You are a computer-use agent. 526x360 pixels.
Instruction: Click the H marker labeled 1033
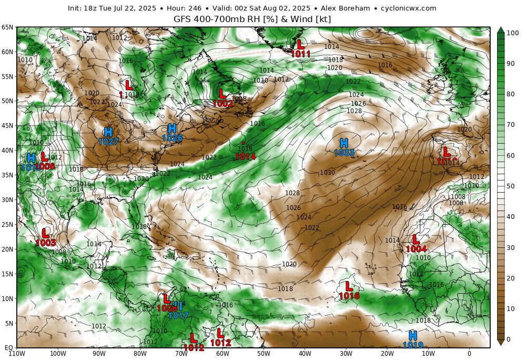(344, 143)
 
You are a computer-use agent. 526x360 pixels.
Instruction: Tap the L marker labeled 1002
(222, 94)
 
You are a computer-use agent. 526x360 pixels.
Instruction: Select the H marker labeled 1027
(108, 132)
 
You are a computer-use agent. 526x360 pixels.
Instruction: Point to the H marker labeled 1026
(172, 128)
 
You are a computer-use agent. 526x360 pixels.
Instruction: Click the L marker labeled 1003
(46, 233)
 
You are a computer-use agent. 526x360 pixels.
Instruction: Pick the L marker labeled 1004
(416, 239)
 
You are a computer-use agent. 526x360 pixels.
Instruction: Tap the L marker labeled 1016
(349, 286)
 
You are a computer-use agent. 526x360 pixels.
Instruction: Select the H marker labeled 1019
(413, 335)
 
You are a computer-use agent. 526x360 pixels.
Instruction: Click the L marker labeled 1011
(300, 44)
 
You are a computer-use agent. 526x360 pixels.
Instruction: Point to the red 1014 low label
(245, 156)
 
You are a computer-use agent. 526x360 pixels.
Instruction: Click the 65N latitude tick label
(7, 27)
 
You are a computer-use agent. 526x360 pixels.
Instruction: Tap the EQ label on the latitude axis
(9, 348)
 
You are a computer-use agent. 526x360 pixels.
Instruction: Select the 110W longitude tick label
(17, 354)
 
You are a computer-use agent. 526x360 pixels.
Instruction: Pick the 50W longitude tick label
(264, 354)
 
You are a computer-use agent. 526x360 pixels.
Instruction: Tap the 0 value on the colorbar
(508, 340)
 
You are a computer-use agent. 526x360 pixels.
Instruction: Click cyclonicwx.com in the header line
(407, 8)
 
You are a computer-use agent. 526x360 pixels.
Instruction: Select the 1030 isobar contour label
(327, 173)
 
